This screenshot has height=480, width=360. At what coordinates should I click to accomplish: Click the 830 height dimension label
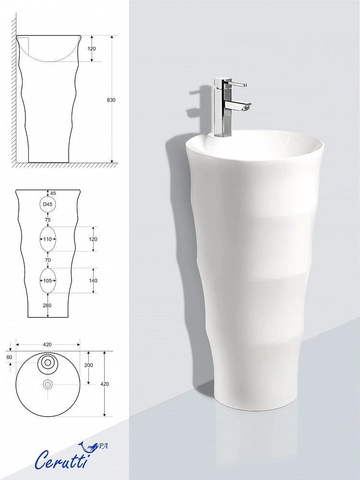coord(111,100)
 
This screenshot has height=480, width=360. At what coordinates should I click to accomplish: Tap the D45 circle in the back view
coord(48,204)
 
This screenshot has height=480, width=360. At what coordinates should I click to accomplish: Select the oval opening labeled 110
coord(48,239)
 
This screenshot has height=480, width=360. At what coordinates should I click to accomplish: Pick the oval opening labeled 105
coord(48,280)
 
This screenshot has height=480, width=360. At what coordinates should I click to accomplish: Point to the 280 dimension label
coord(47,305)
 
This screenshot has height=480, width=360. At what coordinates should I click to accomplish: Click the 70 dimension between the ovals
coord(48,260)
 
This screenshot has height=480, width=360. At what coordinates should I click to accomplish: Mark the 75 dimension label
coord(48,220)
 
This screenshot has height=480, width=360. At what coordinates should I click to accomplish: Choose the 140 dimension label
coord(93,281)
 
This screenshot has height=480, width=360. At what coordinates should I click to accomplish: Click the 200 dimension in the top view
coord(88,365)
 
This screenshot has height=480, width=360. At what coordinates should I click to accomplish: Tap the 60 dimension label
coord(10,357)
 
